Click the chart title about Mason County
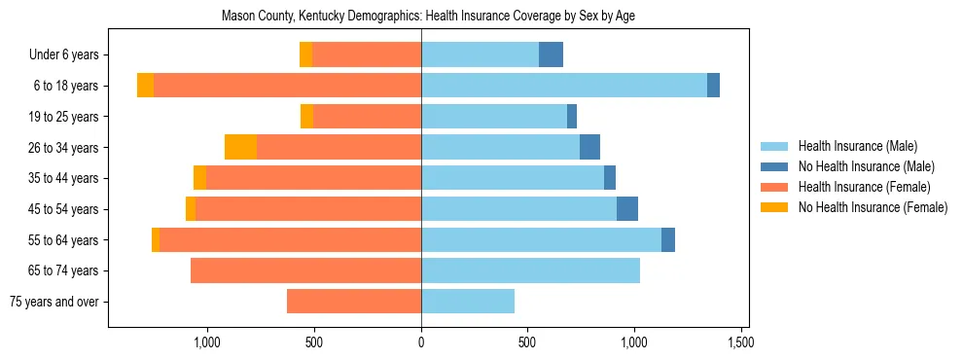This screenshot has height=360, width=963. point(428,17)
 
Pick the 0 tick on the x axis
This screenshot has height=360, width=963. point(421,342)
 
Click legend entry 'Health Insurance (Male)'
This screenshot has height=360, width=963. point(857,146)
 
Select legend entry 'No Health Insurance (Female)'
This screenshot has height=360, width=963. point(873,207)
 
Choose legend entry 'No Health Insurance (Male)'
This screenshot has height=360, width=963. point(866,166)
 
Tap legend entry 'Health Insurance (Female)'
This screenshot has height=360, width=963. point(864,187)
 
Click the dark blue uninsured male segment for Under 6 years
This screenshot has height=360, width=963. point(551,55)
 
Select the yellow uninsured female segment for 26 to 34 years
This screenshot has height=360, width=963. point(240,148)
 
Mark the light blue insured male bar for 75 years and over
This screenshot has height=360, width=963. point(468,302)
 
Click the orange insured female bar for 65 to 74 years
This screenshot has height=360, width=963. point(305,270)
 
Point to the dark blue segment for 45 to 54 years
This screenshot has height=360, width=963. point(627,209)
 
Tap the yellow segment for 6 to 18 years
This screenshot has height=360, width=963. point(145,86)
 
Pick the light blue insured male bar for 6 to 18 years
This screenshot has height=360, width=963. point(564,86)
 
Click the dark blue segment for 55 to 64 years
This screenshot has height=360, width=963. point(668,240)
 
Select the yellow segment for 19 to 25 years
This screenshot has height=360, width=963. point(306,117)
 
